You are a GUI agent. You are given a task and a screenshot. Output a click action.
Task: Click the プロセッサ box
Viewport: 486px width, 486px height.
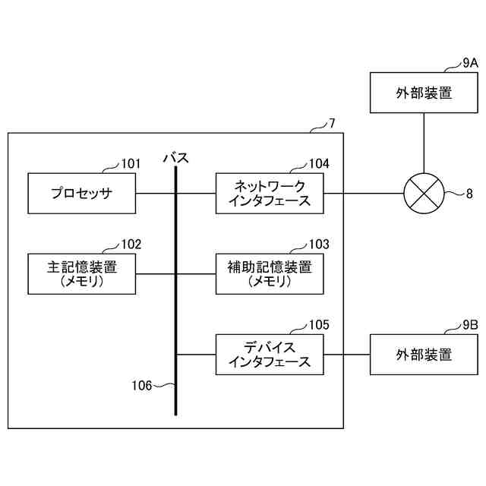(x=81, y=193)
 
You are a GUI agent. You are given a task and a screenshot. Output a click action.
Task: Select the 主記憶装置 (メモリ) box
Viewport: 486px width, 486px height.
(x=81, y=273)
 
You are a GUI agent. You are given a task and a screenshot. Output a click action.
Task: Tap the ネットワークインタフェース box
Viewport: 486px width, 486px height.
(x=270, y=194)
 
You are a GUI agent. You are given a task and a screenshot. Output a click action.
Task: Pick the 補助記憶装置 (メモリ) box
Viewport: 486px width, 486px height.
(x=270, y=273)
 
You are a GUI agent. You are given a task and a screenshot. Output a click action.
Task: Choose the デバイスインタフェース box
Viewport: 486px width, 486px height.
(x=270, y=354)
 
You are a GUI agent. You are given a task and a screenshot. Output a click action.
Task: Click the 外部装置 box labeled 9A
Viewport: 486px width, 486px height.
(x=424, y=93)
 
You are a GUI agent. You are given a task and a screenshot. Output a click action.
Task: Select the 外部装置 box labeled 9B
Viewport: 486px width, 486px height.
(x=424, y=354)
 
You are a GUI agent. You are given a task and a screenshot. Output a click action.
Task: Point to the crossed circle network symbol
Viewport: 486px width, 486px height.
(x=423, y=194)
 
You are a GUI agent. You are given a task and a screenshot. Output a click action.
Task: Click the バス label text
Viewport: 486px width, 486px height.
(x=176, y=158)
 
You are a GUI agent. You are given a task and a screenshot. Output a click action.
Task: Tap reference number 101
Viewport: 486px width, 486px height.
(x=131, y=163)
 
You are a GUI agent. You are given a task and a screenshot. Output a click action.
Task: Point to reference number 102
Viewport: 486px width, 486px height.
(x=131, y=244)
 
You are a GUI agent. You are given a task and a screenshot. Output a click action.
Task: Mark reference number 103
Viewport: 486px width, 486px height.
(x=319, y=244)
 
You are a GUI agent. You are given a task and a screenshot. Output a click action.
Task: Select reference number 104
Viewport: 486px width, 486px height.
(x=319, y=163)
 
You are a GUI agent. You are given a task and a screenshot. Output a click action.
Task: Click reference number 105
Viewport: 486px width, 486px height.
(x=319, y=324)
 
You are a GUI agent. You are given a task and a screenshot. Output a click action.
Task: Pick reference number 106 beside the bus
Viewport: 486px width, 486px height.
(x=141, y=384)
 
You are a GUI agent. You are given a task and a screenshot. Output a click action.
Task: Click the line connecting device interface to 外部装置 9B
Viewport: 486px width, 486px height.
(x=346, y=354)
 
